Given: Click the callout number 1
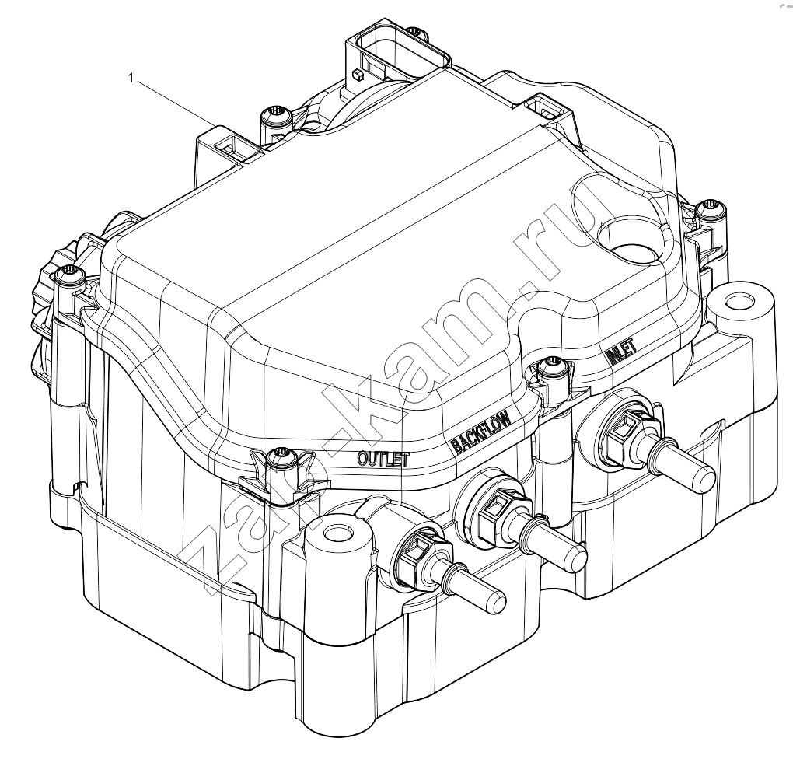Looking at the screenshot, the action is click(131, 78).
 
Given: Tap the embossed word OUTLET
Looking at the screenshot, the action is click(383, 458).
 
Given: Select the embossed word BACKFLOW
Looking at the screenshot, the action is click(481, 430).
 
